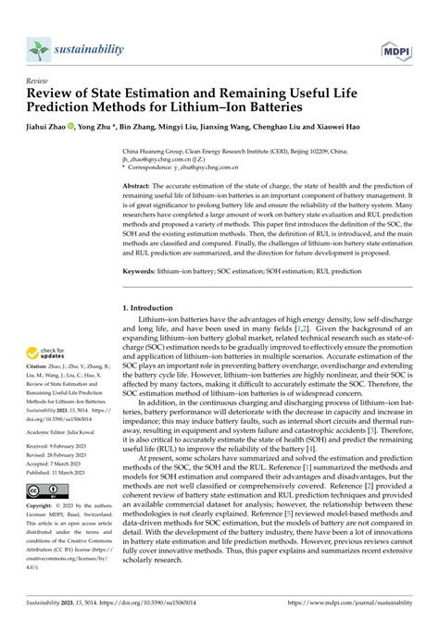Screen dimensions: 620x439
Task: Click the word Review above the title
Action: (x=39, y=81)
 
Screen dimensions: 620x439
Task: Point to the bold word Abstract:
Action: (x=140, y=185)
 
